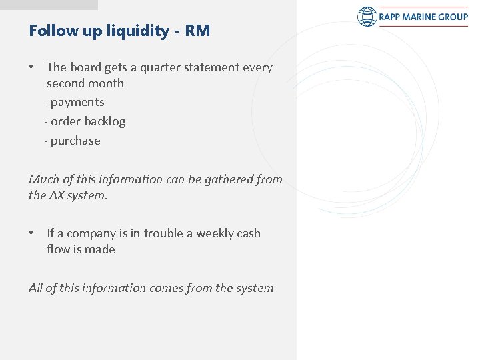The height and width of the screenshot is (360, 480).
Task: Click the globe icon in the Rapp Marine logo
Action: [x=367, y=17]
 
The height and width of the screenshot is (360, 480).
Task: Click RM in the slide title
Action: [x=199, y=31]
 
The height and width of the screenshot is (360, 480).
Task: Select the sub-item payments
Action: [x=77, y=102]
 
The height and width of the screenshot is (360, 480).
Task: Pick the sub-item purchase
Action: [x=75, y=141]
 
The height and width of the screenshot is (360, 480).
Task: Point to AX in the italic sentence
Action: [x=57, y=195]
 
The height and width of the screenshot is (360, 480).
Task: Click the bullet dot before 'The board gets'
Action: [x=33, y=67]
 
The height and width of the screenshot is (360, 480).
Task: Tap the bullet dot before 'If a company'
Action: [x=33, y=233]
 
